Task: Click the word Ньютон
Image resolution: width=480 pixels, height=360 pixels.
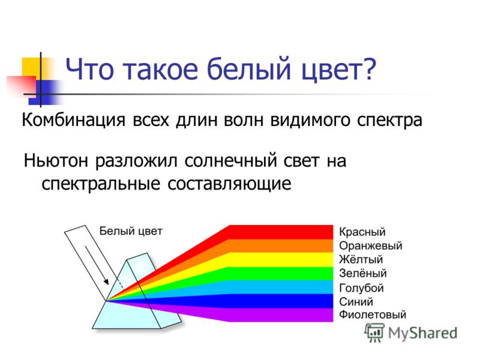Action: pos(56,160)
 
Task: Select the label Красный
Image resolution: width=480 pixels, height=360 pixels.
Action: pos(362,232)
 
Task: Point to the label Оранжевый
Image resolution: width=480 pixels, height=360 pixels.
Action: pos(370,246)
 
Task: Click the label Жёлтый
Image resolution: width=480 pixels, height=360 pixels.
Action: pos(361,259)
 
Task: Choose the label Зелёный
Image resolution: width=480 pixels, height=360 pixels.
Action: pos(363,273)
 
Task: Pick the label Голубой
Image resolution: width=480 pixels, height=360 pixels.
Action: pos(361,288)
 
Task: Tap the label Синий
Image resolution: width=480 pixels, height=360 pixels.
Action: pos(356,302)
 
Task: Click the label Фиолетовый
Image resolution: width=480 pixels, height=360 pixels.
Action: pos(373,314)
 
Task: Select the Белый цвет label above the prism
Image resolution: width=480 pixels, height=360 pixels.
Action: pos(131,231)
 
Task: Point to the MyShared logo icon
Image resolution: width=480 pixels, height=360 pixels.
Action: pos(374,332)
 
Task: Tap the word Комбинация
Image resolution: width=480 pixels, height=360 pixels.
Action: pos(73,119)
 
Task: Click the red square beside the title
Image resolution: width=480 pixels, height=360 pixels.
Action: pos(22,86)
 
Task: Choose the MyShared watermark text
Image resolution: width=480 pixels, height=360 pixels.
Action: pos(422,333)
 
